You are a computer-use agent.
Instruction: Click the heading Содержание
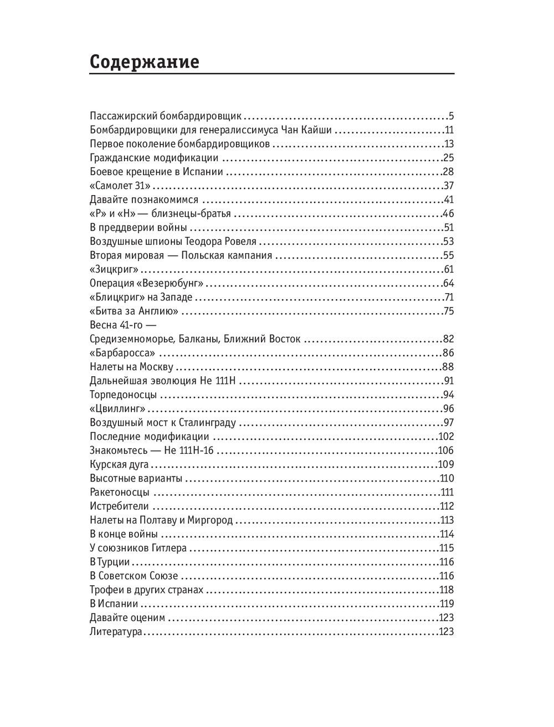pos(144,61)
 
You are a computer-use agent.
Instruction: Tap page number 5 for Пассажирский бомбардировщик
pos(451,116)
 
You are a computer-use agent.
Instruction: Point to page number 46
pos(449,213)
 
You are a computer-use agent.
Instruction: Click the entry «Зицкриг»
pos(114,269)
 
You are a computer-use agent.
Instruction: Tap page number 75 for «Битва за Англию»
pos(449,311)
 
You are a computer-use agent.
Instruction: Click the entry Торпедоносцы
pos(123,395)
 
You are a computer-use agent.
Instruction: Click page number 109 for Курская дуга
pos(446,464)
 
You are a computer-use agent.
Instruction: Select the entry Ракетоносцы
pos(119,492)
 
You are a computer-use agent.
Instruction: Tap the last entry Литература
pos(116,632)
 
